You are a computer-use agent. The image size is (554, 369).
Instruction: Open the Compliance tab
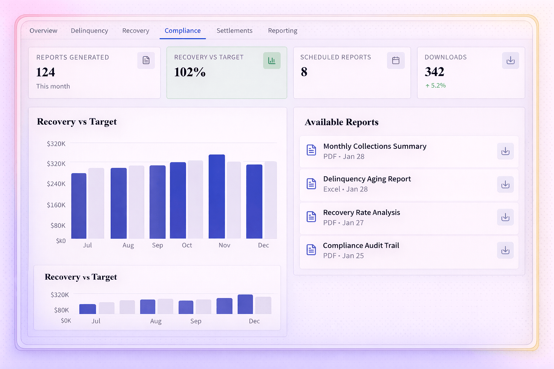[182, 31]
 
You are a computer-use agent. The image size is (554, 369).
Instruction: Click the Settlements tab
[234, 31]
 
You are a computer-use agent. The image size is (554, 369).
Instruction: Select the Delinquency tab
[89, 31]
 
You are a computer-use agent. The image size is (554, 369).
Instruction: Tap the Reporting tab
[283, 31]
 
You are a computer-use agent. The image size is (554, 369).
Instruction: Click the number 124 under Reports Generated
[46, 72]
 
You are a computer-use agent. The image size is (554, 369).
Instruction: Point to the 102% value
[190, 72]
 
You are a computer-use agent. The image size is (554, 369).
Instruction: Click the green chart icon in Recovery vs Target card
[272, 61]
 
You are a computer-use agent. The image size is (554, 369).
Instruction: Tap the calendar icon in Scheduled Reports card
[396, 61]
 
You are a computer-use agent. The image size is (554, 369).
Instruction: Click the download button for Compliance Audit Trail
[505, 250]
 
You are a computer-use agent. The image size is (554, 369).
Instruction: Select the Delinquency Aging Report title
[367, 179]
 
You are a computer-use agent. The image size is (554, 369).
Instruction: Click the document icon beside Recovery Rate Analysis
[311, 217]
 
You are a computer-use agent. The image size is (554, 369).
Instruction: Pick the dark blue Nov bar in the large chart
[217, 196]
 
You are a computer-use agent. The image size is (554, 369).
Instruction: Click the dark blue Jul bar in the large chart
[79, 206]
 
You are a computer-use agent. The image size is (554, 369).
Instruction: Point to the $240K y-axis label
[56, 184]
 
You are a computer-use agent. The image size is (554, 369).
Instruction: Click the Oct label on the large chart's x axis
[187, 245]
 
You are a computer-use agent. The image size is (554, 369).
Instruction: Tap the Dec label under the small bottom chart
[254, 321]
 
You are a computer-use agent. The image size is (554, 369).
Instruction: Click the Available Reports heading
[341, 122]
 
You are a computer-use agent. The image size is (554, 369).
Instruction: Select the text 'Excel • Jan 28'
[345, 189]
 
